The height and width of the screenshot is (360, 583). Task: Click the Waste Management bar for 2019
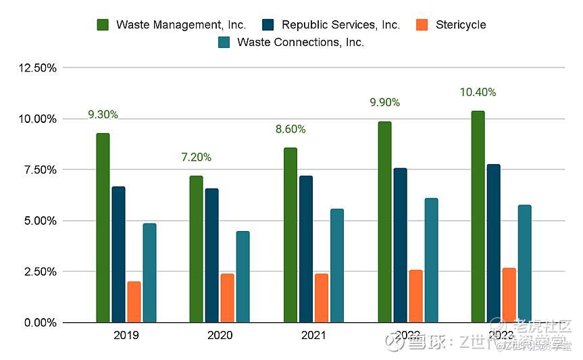coord(103,228)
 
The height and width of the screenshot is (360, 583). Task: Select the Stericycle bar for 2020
coord(228,298)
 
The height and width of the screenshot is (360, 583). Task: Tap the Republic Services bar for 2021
coord(306,249)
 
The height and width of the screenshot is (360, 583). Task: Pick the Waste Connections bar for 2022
coord(431,260)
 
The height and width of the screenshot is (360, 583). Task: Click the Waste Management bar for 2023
coord(478,216)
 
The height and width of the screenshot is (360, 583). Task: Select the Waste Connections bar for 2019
coord(149,273)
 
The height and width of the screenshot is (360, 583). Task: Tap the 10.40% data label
coord(478,93)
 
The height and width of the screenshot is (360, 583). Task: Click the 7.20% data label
coord(196,157)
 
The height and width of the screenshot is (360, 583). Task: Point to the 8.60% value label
coord(290,129)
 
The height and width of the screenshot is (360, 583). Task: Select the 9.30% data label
coord(103,115)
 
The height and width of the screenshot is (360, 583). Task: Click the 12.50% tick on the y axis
coord(40,68)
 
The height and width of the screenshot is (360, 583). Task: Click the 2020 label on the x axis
coord(220,336)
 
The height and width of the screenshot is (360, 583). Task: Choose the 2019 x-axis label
coord(126,336)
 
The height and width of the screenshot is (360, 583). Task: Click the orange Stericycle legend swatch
coord(422,25)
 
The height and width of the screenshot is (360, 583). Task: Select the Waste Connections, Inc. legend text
coord(301,43)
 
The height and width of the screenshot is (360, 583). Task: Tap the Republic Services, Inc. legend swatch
coord(268,25)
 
